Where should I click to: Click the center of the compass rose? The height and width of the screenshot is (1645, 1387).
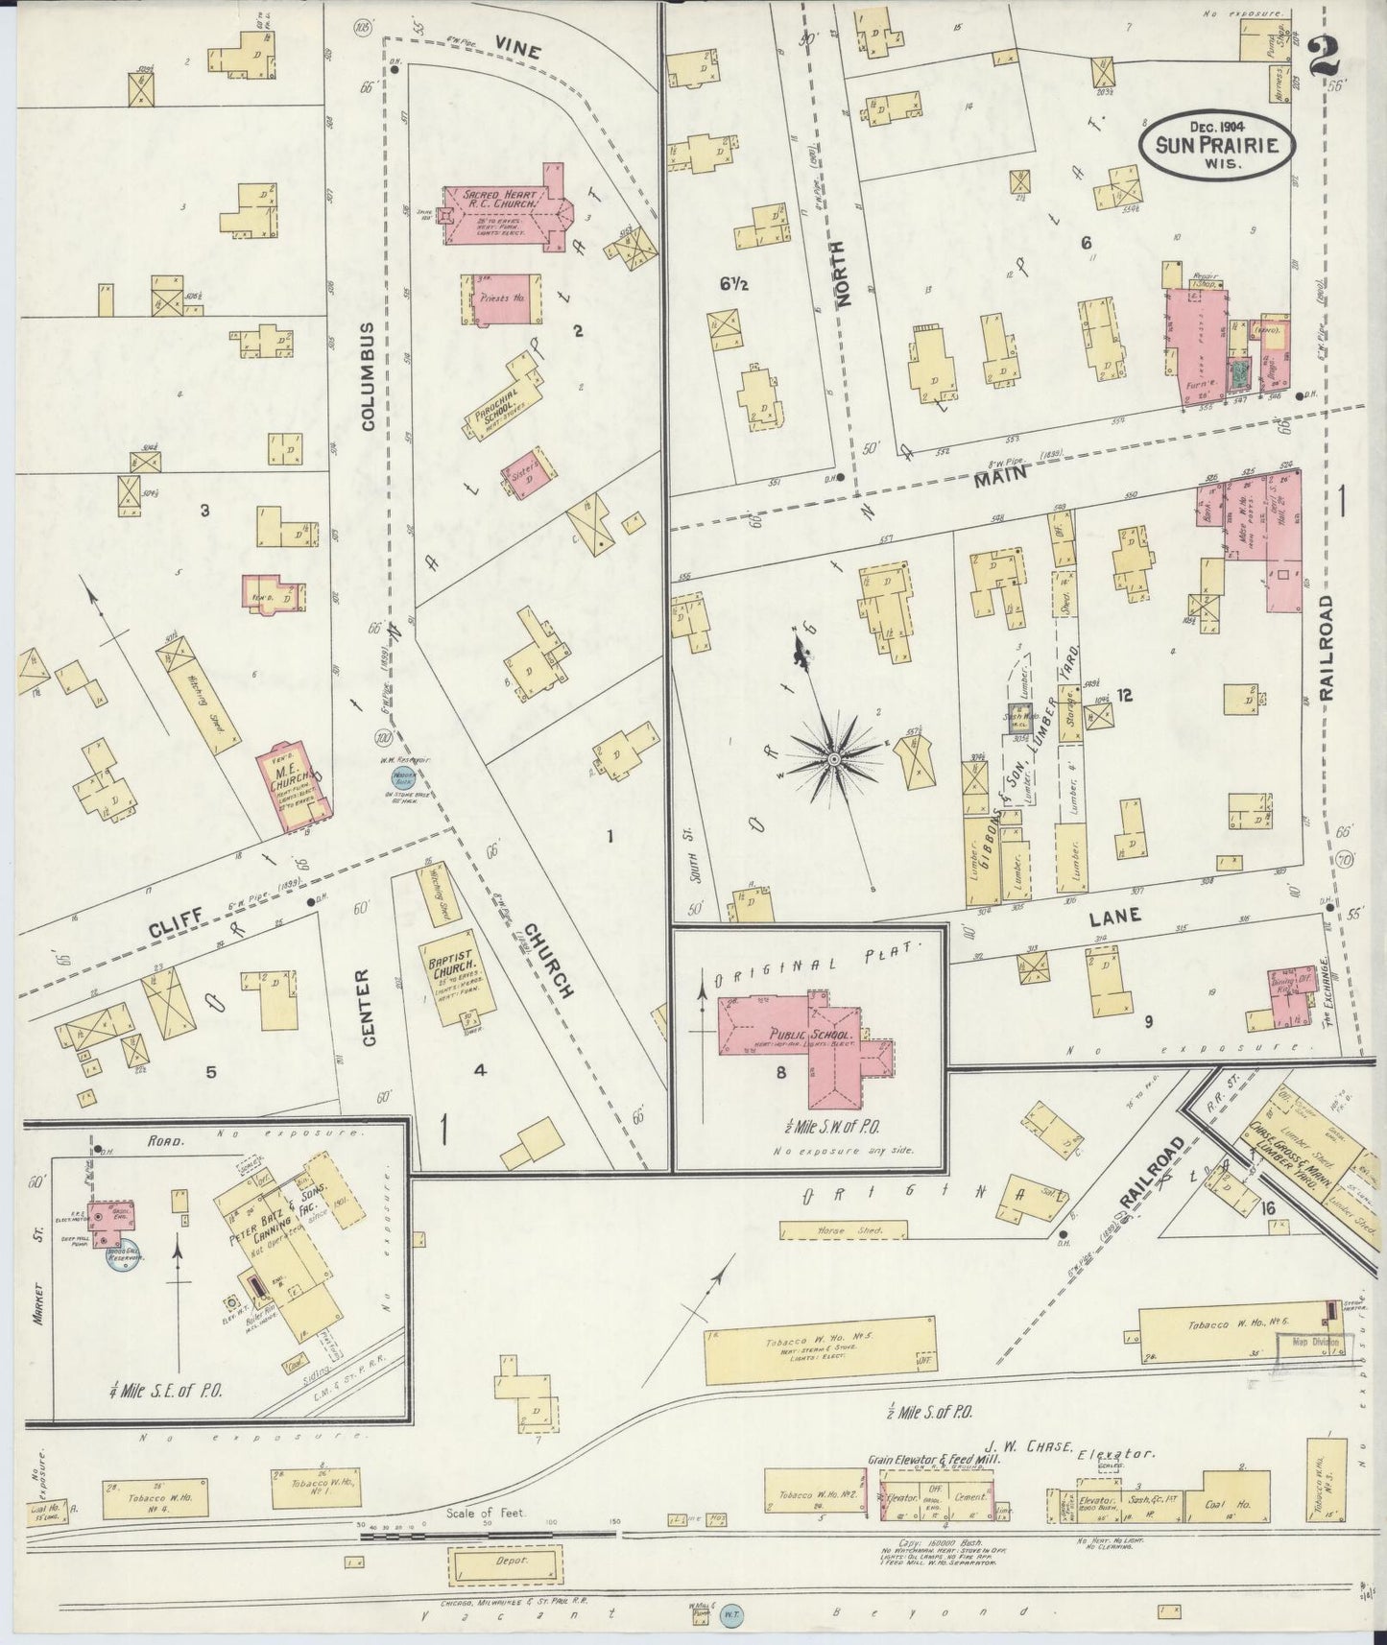[x=834, y=758]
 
